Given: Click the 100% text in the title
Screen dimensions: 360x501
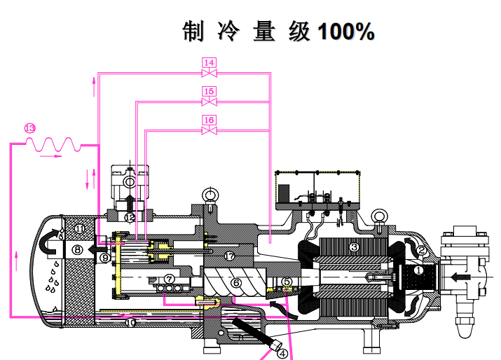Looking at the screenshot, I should (x=345, y=32).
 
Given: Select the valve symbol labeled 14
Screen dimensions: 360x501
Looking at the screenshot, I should (x=209, y=72).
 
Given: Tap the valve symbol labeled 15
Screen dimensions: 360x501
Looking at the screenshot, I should (x=209, y=101).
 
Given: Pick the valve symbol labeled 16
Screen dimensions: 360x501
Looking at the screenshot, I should (x=209, y=130).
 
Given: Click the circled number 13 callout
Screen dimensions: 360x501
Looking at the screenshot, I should (x=29, y=128).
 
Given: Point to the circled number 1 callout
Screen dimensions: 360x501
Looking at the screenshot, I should (x=418, y=270).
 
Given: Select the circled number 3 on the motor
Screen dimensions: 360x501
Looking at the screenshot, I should (x=355, y=247).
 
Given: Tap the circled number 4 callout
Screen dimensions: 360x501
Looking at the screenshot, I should (x=283, y=352).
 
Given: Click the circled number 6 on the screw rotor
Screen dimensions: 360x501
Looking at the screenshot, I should (x=237, y=282).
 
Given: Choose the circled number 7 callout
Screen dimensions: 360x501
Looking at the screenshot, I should (x=170, y=279).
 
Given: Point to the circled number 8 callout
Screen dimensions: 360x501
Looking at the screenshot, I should (x=77, y=249).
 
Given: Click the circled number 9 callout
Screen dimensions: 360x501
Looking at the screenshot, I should (x=104, y=258).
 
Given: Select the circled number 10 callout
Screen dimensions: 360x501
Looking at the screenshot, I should (x=130, y=323).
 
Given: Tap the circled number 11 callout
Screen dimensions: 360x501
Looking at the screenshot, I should (x=80, y=228).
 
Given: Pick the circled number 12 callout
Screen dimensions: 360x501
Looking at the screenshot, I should (x=130, y=218).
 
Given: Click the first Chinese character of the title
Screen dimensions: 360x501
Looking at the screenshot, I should (x=193, y=32).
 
